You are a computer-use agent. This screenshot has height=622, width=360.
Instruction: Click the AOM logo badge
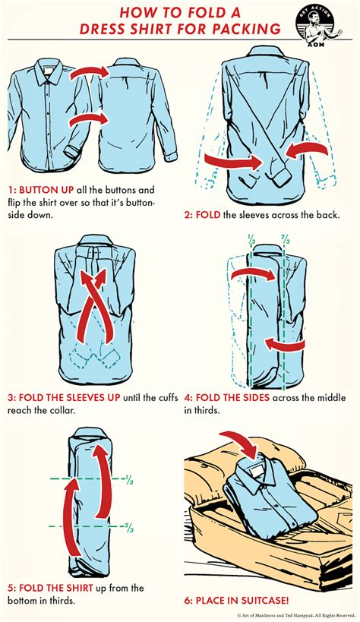coord(318,25)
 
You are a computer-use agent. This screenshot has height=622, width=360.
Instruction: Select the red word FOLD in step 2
coord(208,216)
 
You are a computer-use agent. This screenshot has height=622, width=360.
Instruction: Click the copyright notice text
coord(296,615)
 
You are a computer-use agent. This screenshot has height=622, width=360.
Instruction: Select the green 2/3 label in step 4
coord(286,239)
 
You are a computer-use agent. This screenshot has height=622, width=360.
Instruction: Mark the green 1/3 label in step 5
coord(129,481)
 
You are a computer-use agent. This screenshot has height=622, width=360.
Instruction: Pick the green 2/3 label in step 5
coord(129,528)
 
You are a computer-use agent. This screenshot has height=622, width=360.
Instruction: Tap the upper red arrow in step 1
coord(90,73)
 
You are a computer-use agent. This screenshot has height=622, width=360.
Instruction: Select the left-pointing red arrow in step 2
coord(306,150)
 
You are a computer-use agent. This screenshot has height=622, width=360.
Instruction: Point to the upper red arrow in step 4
coord(252,273)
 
